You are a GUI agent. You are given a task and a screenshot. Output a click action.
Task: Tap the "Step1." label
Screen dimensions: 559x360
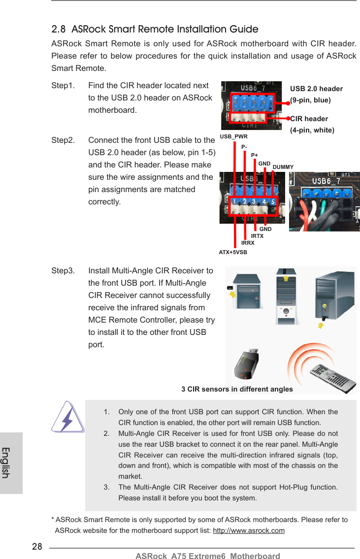(x=63, y=86)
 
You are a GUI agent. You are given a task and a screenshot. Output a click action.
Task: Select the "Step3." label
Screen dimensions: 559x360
(x=63, y=271)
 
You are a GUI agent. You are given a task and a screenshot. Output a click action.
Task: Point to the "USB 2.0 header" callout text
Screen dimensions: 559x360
(x=316, y=89)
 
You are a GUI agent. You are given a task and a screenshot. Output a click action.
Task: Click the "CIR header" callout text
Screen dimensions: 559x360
(x=309, y=119)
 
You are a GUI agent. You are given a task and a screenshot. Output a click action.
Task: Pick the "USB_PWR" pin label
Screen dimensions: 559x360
(x=233, y=136)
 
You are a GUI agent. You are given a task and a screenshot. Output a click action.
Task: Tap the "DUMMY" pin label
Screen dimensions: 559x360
(x=283, y=167)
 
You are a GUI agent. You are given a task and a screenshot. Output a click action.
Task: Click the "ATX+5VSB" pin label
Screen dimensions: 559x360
(x=233, y=252)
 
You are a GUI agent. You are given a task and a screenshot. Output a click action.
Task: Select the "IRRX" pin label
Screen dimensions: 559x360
(x=248, y=243)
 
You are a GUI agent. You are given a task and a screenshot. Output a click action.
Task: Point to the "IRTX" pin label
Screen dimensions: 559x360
(x=257, y=236)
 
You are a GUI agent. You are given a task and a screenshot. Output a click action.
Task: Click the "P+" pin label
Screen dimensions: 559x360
(x=255, y=156)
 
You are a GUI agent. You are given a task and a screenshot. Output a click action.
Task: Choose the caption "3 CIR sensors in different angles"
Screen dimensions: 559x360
(x=237, y=389)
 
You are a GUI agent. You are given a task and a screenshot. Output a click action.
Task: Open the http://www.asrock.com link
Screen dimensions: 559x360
(x=249, y=530)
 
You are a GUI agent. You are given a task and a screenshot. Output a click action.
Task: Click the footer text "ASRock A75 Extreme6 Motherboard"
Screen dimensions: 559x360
(x=207, y=556)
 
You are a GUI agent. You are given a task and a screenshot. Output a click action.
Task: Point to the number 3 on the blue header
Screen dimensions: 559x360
(x=253, y=202)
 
